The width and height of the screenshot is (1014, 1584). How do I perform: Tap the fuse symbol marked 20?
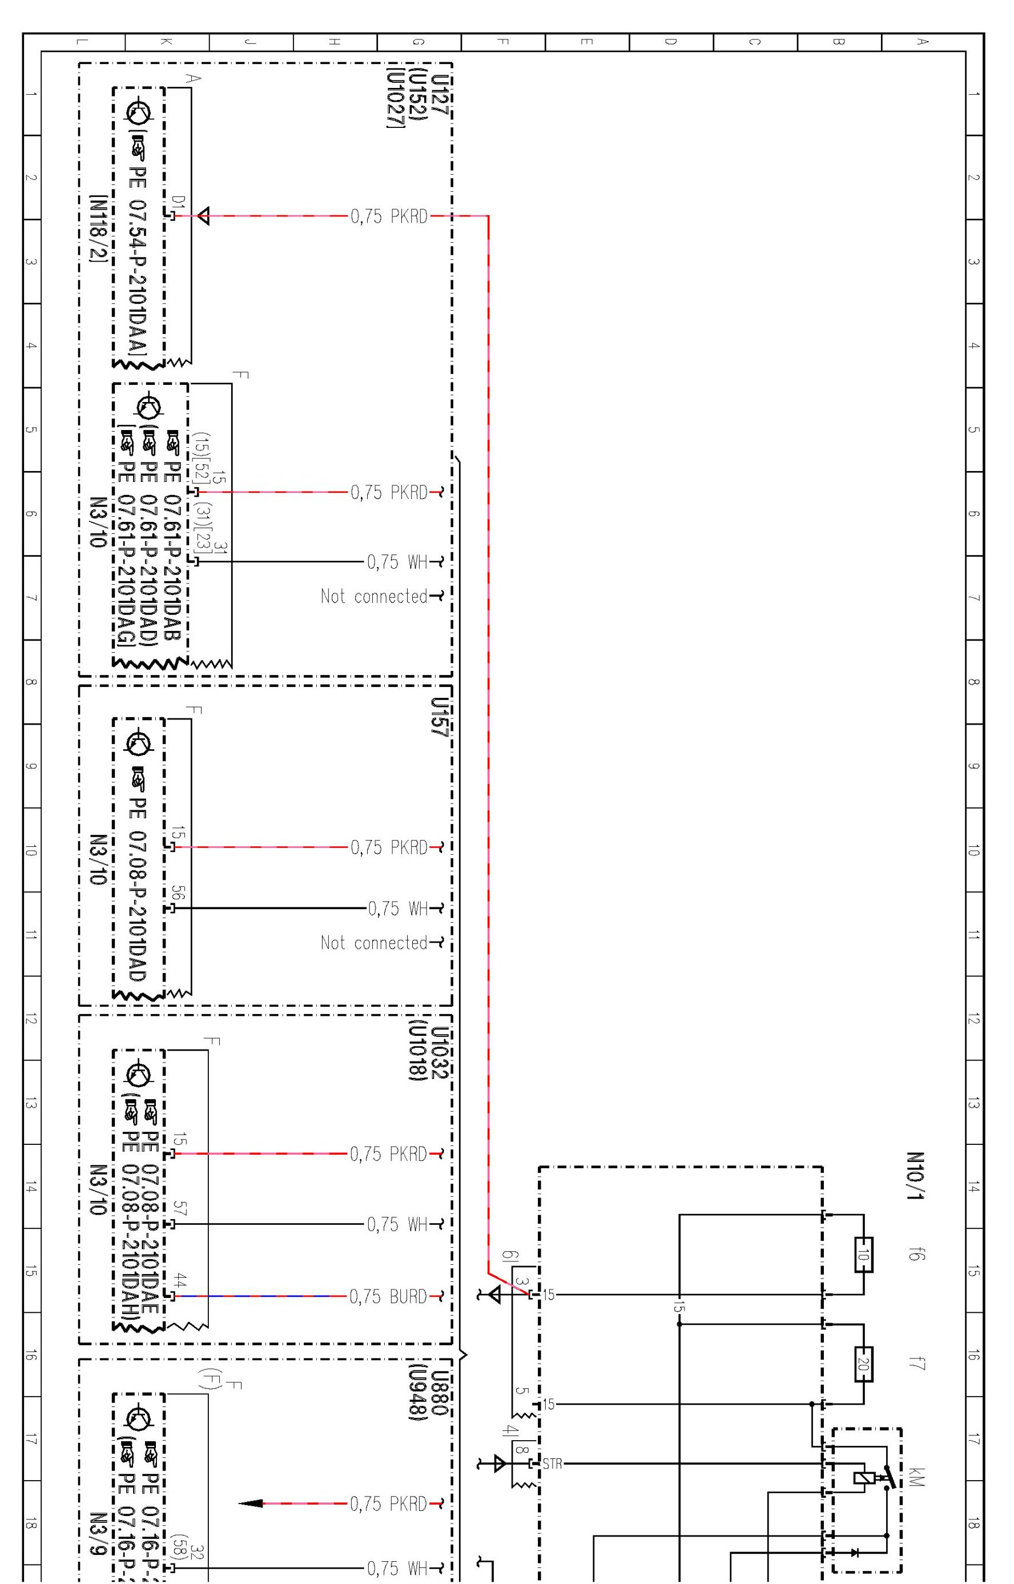coord(863,1364)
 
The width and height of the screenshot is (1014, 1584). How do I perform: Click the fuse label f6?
coord(914,1253)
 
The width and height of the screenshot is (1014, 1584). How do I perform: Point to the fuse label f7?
coord(914,1363)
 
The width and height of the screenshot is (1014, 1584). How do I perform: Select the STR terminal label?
coord(553,1464)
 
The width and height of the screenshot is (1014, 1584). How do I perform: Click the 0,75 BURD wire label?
coord(388,1296)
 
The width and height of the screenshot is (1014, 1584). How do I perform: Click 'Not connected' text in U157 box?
coord(374,943)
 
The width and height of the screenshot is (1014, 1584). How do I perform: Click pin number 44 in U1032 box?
coord(179,1280)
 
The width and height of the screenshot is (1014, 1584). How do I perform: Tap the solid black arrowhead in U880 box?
coord(251,1503)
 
